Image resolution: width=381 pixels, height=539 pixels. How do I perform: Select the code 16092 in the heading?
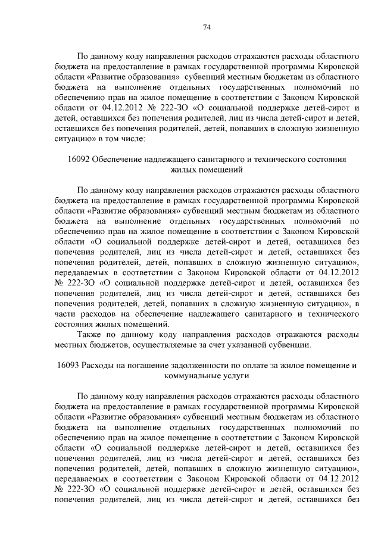81,160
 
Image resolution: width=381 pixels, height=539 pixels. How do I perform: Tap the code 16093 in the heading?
68,365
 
